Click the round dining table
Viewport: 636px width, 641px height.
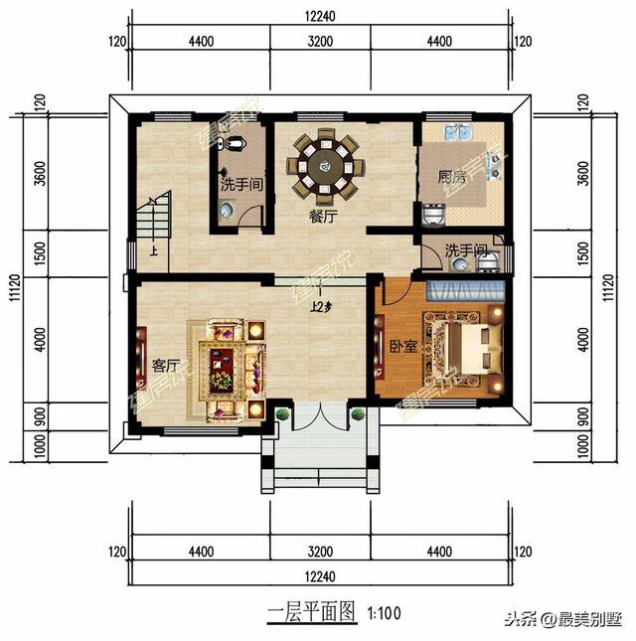coord(324,164)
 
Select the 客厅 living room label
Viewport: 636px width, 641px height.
coord(165,365)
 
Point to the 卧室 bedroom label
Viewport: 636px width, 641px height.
coord(402,347)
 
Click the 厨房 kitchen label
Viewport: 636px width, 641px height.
coord(452,178)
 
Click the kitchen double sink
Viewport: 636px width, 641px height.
coord(459,132)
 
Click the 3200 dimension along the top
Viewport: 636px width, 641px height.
coord(319,41)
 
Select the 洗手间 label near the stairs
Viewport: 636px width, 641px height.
coord(240,184)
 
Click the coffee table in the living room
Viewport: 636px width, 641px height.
coord(221,366)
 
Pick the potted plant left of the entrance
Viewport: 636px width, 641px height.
coord(283,414)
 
